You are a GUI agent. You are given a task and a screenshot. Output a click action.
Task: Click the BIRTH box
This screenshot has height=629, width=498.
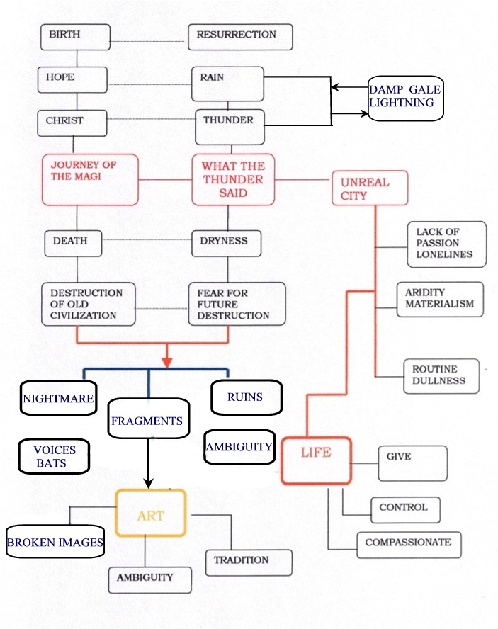pos(75,36)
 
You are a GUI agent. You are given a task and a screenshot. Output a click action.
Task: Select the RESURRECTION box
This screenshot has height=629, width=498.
pos(240,37)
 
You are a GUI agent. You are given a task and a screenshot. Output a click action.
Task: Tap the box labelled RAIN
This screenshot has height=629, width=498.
pos(227,84)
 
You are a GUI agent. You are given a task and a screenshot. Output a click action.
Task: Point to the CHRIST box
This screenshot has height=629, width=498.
pos(72,122)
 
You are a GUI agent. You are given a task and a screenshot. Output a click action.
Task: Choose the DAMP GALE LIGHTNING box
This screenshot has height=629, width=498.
pos(405,98)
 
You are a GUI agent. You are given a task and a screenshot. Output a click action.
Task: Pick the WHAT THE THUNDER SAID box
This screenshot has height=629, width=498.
pos(233,180)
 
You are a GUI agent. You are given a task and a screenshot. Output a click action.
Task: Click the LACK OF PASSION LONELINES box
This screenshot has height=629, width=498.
pos(447,244)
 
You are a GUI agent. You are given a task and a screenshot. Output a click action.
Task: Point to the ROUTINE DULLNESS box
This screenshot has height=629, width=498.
pos(443,375)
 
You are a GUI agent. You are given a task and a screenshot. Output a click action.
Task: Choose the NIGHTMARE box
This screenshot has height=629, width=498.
pos(58,399)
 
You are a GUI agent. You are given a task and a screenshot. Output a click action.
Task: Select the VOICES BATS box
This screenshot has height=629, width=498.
pos(55,455)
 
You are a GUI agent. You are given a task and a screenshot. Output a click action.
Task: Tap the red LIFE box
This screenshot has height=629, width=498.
pos(315,460)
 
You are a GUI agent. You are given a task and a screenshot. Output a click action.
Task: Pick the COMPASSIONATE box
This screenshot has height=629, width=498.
pos(409,544)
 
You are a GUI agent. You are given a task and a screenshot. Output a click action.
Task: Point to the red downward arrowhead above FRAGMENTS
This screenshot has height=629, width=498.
pos(167,361)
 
